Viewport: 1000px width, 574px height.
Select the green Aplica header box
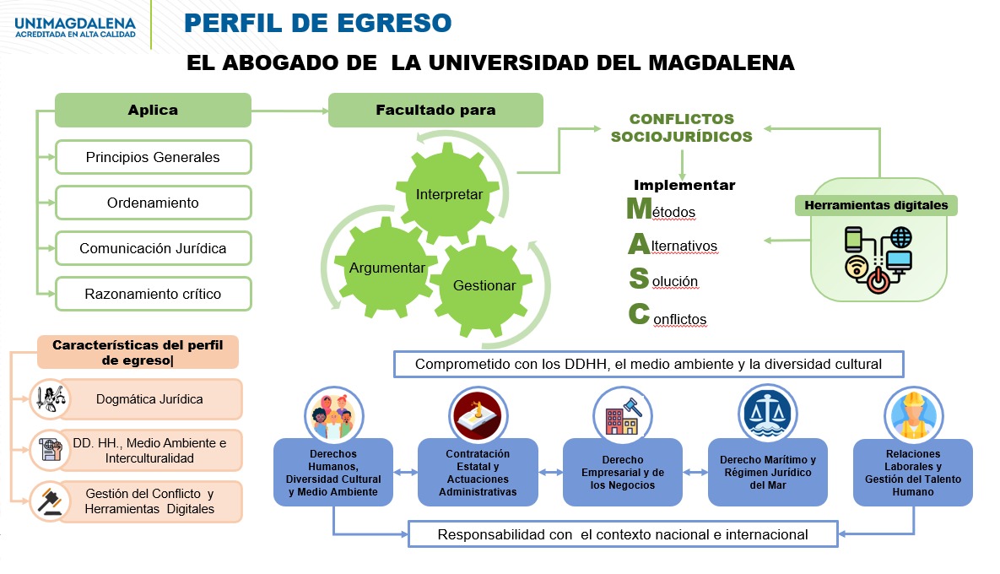click(153, 110)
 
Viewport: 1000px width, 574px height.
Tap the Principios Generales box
click(153, 157)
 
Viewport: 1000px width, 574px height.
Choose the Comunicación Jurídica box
click(153, 248)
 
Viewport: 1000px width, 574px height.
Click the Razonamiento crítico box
click(153, 294)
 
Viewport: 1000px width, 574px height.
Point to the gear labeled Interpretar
click(449, 194)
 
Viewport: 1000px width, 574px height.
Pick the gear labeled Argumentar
click(387, 268)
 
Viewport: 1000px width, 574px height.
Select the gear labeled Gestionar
click(484, 285)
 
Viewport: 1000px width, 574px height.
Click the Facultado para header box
click(435, 110)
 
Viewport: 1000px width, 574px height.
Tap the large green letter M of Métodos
click(639, 208)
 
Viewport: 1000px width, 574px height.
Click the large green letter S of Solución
click(639, 278)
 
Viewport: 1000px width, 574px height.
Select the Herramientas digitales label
click(876, 205)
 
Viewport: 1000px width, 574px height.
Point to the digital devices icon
click(878, 260)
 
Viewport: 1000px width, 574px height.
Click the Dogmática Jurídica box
click(150, 399)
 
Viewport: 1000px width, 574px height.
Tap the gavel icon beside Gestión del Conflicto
click(50, 501)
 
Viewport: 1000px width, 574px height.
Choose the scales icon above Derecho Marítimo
click(768, 415)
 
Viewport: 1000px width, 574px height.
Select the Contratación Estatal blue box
click(478, 473)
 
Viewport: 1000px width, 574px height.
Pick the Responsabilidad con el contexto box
click(623, 534)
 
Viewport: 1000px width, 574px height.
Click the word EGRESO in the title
click(394, 23)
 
